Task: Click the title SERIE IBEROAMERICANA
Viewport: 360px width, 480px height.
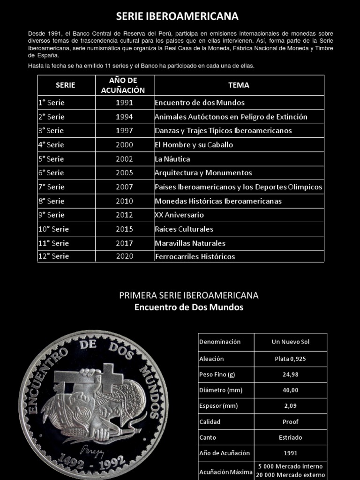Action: coord(178,16)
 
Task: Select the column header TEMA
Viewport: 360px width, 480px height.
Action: coord(239,85)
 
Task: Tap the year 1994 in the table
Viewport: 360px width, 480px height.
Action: coord(124,117)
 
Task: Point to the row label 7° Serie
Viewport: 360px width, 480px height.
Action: coord(52,187)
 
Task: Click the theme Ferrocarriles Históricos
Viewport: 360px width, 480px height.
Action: coord(195,256)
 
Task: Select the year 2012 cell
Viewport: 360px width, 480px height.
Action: coord(124,215)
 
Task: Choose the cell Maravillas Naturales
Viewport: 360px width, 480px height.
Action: coord(190,243)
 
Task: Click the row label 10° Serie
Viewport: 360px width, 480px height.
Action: coord(53,229)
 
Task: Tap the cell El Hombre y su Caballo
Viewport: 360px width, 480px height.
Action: coord(194,145)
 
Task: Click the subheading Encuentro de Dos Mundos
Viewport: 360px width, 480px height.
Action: coord(189,307)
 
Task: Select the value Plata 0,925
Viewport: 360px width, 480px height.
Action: coord(290,359)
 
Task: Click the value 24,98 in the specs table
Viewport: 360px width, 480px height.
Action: coord(290,375)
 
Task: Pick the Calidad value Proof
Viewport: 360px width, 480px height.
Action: coord(290,421)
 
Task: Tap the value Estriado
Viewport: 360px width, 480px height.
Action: coord(290,437)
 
